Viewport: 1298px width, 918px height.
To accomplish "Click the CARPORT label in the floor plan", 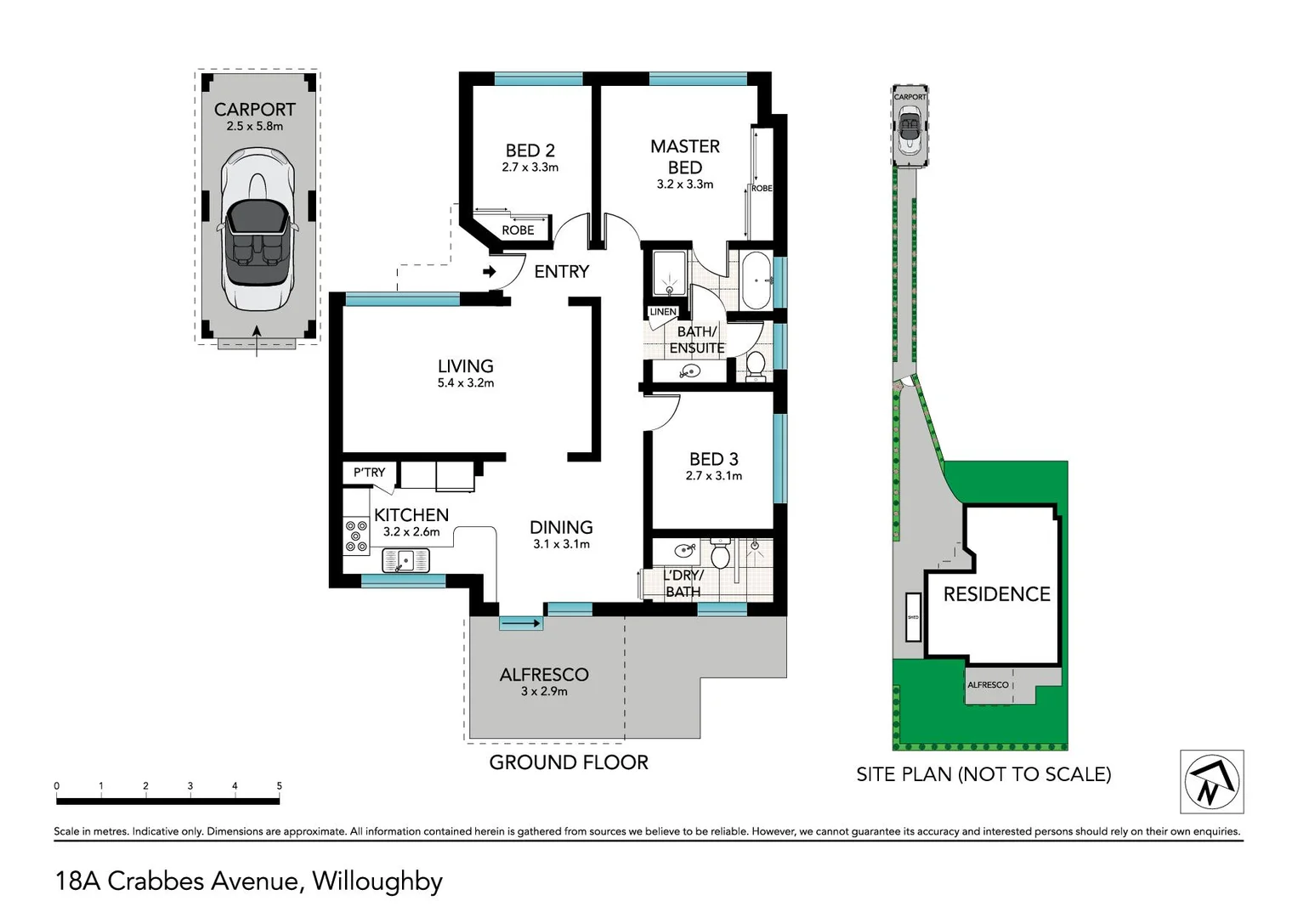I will click(x=254, y=110).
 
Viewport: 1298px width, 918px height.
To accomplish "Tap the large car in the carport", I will click(x=257, y=229).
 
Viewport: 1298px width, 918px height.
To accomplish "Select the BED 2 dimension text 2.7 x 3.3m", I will click(x=530, y=167).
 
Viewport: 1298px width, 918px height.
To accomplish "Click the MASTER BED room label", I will click(x=684, y=156).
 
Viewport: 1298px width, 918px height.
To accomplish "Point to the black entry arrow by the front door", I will click(x=490, y=272).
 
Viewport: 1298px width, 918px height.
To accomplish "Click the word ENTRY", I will click(x=561, y=272).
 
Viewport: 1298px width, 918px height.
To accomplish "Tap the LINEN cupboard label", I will click(x=662, y=312).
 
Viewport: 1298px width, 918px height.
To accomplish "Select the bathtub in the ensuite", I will click(x=756, y=280).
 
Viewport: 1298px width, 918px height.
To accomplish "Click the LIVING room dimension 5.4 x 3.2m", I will click(x=465, y=383).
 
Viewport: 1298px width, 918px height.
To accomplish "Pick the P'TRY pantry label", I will click(x=369, y=473).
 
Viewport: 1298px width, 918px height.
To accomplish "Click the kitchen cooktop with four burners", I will click(x=356, y=536).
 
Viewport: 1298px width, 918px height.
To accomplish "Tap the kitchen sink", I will click(x=405, y=560).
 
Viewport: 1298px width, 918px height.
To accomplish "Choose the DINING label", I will click(x=561, y=528).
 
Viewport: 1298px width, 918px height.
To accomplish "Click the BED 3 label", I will click(x=713, y=459).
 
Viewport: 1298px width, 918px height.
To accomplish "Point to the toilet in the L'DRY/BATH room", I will click(x=721, y=557).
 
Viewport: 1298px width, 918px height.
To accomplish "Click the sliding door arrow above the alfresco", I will click(x=521, y=624).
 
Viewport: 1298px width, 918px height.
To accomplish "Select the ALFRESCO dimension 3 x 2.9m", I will click(x=544, y=692).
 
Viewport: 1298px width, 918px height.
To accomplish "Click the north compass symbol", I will click(x=1211, y=782).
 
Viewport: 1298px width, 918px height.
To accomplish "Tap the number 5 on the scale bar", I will click(x=279, y=786).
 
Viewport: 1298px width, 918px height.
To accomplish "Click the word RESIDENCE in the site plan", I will click(x=996, y=594).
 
